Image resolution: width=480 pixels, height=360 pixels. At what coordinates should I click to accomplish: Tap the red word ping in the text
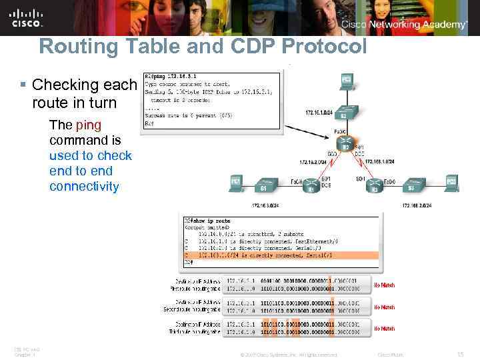(89, 125)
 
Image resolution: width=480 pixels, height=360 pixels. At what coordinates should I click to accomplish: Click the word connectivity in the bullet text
(84, 187)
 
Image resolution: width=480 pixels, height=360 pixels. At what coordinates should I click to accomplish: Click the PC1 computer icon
(235, 181)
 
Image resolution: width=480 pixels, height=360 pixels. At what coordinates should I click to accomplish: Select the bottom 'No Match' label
(385, 329)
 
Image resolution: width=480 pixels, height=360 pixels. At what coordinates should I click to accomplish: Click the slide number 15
(460, 354)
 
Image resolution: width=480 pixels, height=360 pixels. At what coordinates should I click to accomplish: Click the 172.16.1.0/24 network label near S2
(319, 111)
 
